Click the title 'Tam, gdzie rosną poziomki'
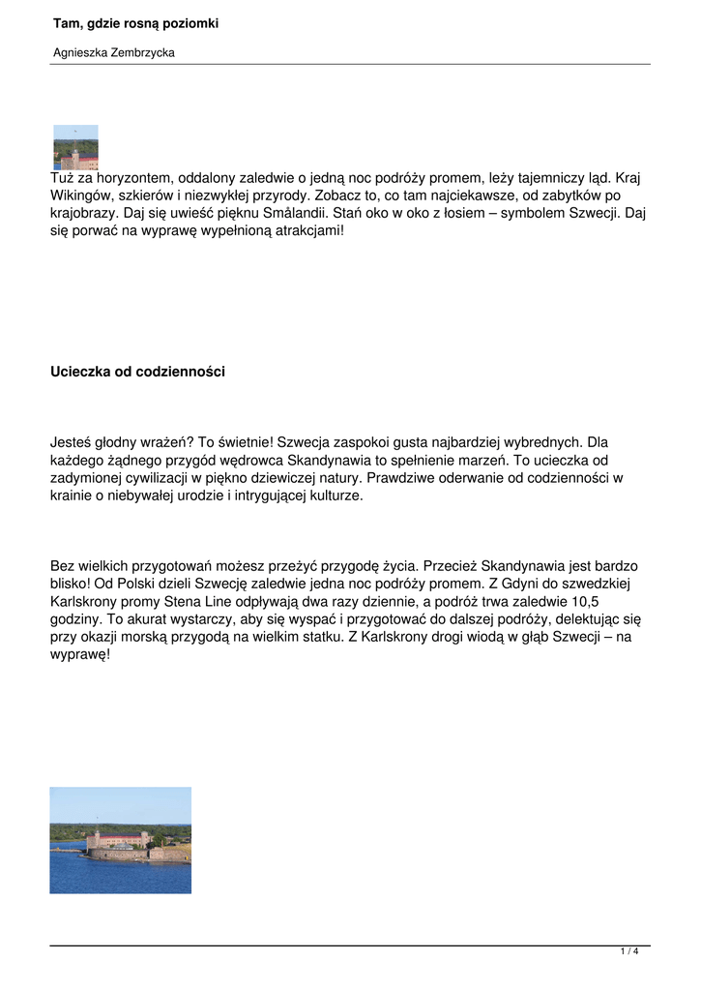[x=135, y=23]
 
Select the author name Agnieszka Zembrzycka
[x=114, y=53]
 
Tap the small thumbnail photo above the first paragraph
[x=75, y=147]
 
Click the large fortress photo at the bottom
[x=121, y=840]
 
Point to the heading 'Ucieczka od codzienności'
[x=137, y=372]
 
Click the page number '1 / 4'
[x=629, y=952]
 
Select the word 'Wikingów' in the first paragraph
[x=80, y=196]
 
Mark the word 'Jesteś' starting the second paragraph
[x=71, y=441]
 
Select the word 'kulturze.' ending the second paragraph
[x=329, y=496]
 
